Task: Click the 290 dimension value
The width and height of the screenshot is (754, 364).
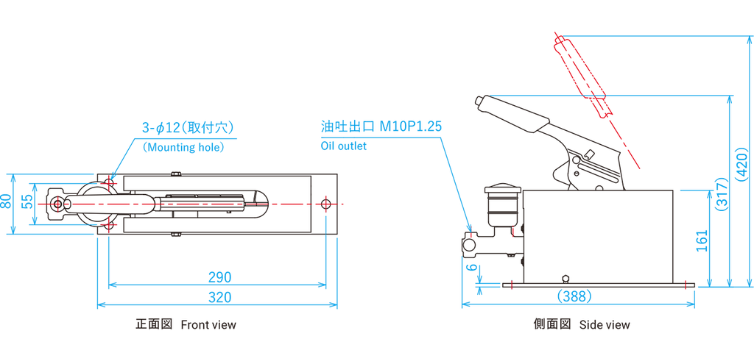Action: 219,277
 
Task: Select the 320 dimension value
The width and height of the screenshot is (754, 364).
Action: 219,297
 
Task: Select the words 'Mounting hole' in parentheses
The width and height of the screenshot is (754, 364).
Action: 183,147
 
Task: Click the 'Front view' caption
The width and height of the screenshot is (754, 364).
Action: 208,324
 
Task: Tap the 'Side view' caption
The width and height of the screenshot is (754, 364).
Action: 605,324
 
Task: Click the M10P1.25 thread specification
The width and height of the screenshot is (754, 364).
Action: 410,126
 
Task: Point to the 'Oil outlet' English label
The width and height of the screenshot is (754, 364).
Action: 343,146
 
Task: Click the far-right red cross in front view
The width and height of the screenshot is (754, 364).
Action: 327,203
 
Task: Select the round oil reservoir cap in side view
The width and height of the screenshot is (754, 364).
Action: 501,193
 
